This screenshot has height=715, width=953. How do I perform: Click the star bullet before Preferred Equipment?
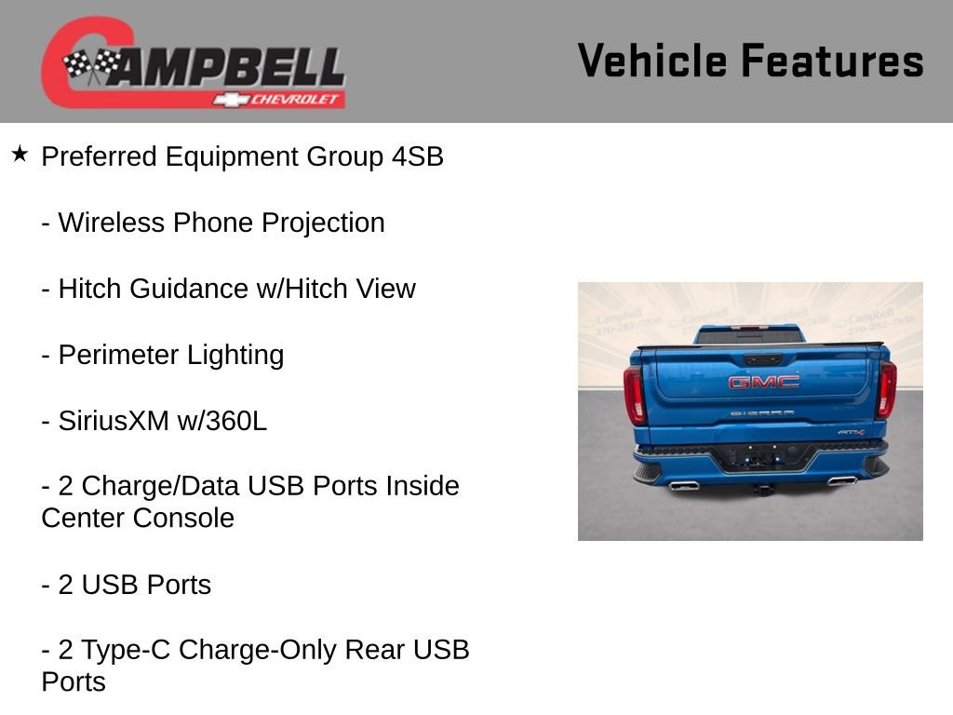(x=20, y=154)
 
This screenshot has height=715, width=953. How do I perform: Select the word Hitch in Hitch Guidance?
(x=91, y=290)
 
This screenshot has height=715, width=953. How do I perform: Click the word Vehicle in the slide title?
(x=651, y=61)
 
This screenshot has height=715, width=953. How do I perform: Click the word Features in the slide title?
(x=833, y=61)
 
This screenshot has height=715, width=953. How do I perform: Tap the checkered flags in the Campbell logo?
(x=91, y=66)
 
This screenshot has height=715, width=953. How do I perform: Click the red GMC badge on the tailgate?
(x=763, y=382)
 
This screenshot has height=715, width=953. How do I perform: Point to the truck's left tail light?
(x=634, y=394)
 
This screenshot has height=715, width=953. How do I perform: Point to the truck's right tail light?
(x=886, y=389)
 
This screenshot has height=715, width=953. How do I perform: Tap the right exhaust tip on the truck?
(x=841, y=480)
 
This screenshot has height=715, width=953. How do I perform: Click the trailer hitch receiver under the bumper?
(x=763, y=489)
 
